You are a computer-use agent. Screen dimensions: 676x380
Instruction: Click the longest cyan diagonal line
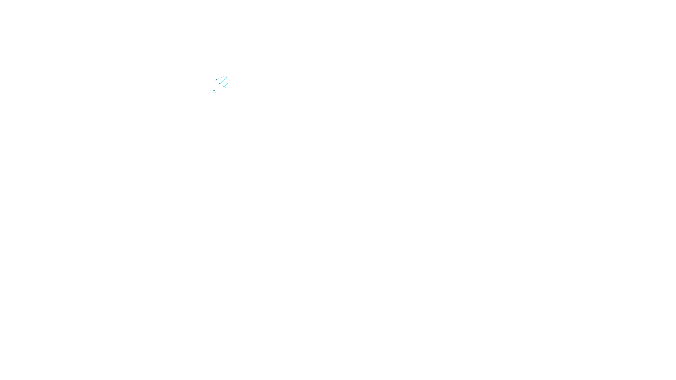pos(224,81)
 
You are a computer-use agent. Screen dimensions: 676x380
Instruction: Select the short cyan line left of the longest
pos(218,80)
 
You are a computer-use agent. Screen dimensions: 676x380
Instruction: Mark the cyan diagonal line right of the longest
pos(226,85)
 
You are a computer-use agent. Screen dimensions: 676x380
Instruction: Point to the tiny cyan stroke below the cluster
pos(213,90)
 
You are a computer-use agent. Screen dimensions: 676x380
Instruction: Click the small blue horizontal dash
pos(214,88)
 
